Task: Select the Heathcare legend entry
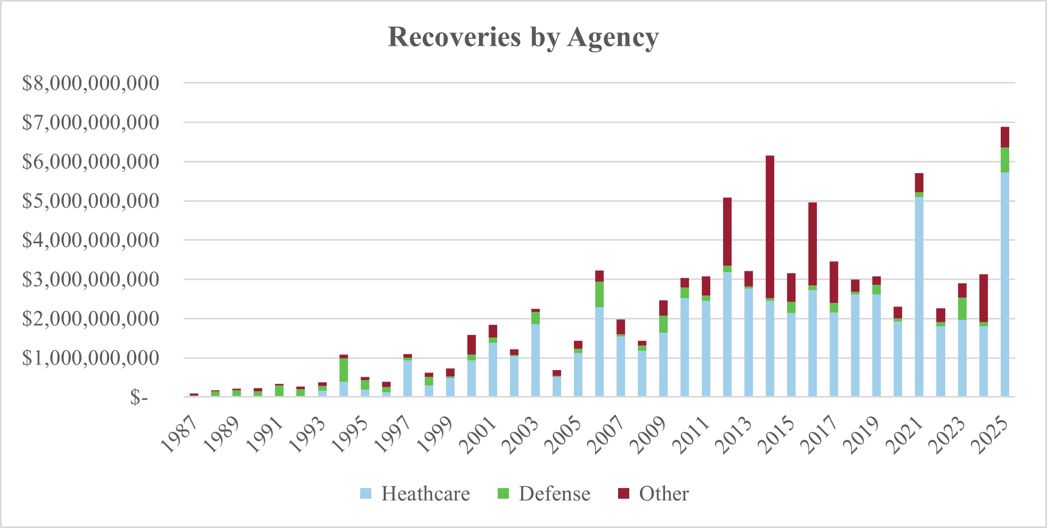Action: (x=415, y=493)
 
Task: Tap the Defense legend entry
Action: (x=544, y=493)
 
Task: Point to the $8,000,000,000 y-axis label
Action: (x=91, y=83)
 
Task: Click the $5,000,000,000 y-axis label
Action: (x=91, y=201)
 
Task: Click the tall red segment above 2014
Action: (x=770, y=226)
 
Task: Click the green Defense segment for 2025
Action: (x=1005, y=160)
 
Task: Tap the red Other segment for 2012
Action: (x=727, y=232)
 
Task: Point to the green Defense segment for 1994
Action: (x=344, y=370)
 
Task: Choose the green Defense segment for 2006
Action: (x=599, y=294)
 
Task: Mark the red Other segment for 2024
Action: (x=984, y=298)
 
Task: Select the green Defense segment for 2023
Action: (x=962, y=309)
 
